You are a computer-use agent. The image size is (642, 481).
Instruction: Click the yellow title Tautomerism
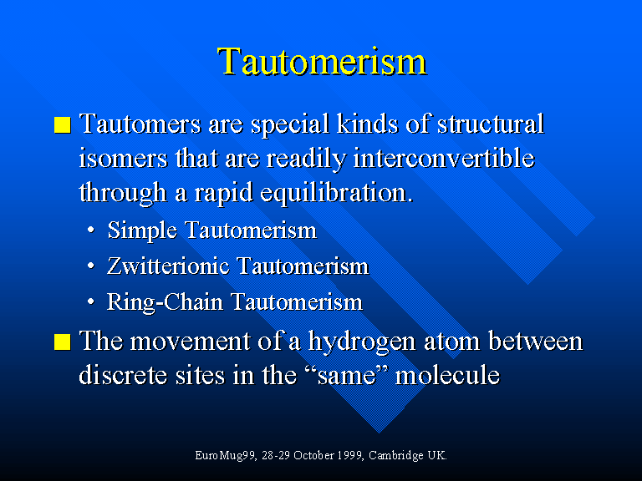coord(322,62)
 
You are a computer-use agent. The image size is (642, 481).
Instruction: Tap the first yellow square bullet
coord(62,124)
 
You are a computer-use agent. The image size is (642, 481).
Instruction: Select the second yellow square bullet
coord(62,342)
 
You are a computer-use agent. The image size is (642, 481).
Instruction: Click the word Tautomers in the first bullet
coord(140,123)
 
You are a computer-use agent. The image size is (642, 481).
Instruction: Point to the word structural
coord(491,123)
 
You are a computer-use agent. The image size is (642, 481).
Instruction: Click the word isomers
coord(123,158)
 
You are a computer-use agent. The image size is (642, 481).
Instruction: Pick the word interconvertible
coord(444,158)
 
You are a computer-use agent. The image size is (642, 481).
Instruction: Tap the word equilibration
coord(336,193)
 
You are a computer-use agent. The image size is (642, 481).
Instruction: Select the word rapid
coord(223,193)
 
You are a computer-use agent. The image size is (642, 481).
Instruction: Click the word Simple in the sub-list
coord(142,230)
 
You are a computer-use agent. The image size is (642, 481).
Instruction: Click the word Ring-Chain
coord(165,302)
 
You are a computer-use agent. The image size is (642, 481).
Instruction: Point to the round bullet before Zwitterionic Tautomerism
coord(91,266)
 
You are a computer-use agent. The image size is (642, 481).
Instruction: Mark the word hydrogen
coord(362,341)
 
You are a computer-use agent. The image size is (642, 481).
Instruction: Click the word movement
coord(190,342)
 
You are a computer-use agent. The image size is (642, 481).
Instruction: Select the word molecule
coord(447,375)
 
